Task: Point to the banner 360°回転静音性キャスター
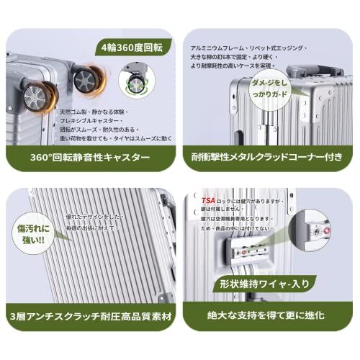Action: (91, 156)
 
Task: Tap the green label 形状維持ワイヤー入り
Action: (269, 284)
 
